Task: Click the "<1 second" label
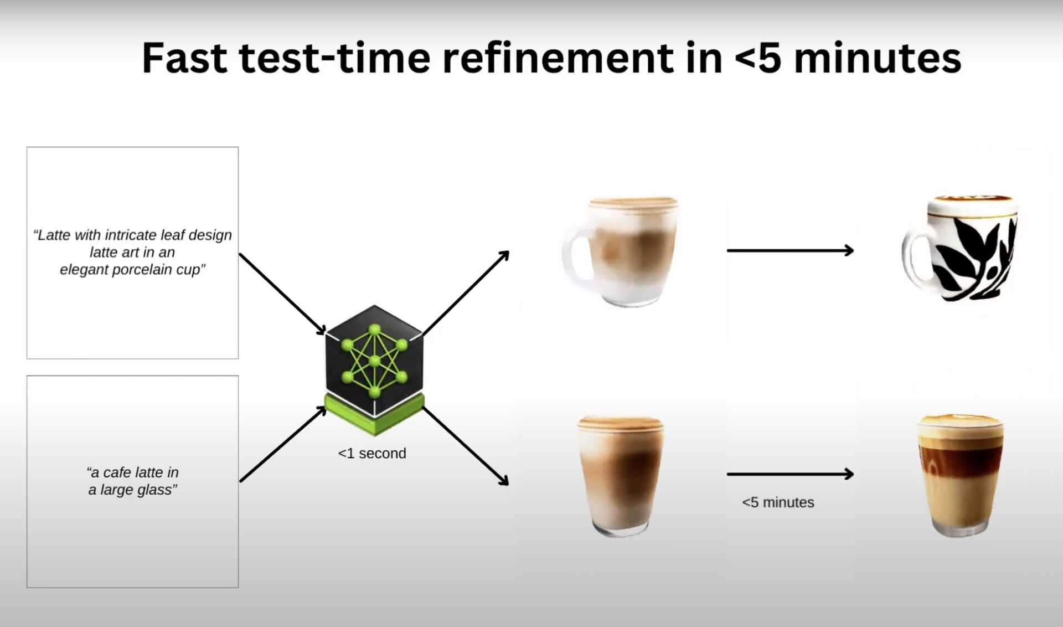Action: tap(372, 453)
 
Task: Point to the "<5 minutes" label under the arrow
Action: tap(778, 502)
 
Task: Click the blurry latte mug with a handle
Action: tap(621, 251)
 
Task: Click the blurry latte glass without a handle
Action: tap(620, 476)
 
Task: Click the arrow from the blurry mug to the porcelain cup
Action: tap(790, 250)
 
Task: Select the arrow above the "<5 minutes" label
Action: tap(790, 474)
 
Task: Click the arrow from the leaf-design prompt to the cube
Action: tap(282, 294)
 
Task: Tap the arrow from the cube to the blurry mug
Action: tap(466, 292)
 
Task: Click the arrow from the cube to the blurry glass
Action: tap(466, 446)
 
